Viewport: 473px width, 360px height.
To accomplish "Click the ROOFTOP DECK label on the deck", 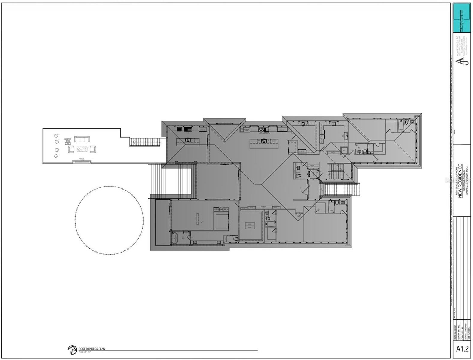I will point(68,140).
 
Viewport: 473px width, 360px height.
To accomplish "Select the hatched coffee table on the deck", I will point(82,149).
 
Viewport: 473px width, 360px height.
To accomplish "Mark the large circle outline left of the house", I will point(109,220).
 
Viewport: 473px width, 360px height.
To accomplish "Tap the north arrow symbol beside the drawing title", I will point(72,349).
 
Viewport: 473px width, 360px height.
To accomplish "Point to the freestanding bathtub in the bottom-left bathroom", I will point(175,239).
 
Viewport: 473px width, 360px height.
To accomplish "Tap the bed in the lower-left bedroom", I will point(220,218).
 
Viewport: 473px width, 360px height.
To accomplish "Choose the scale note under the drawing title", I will point(84,352).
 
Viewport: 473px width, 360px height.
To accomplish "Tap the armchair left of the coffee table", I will point(71,149).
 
